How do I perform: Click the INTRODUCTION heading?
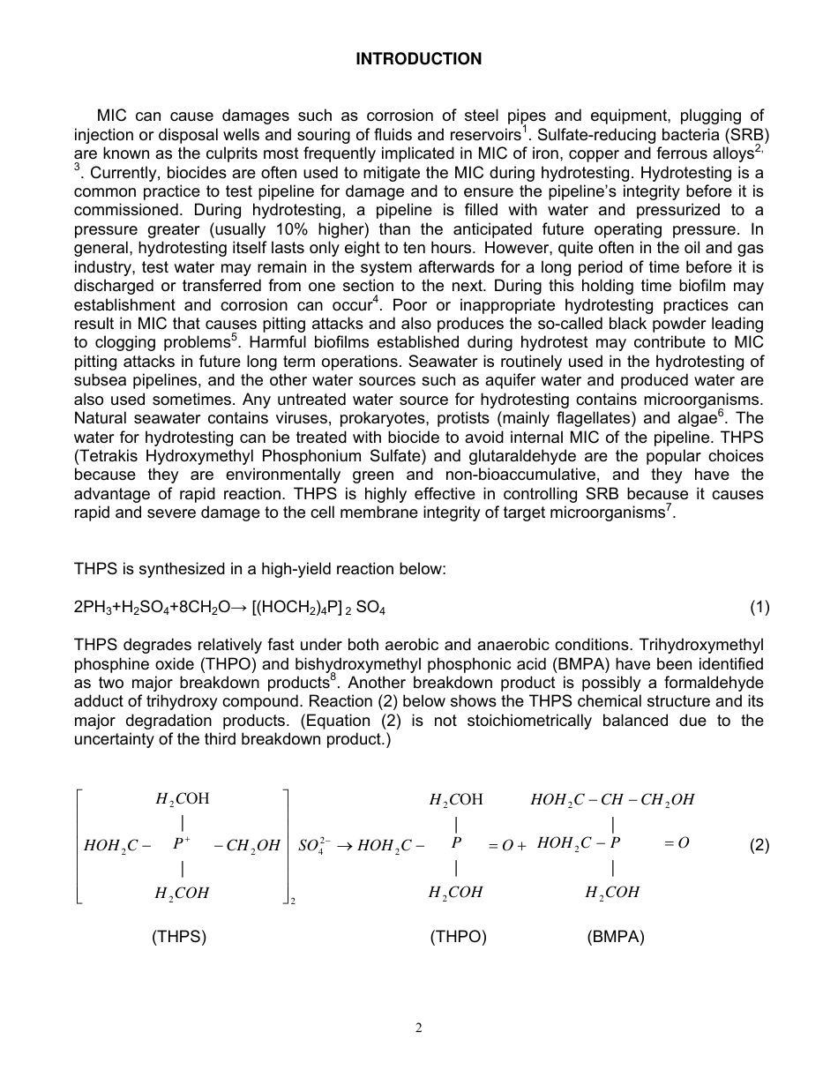(x=418, y=59)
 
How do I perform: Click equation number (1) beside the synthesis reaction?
(x=759, y=607)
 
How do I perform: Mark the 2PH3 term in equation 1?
(x=92, y=608)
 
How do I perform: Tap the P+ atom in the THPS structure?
(x=182, y=843)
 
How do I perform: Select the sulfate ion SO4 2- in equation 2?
(x=311, y=845)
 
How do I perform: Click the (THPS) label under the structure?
(x=179, y=937)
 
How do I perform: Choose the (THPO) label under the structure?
(x=458, y=937)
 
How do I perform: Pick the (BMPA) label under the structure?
(x=615, y=937)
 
